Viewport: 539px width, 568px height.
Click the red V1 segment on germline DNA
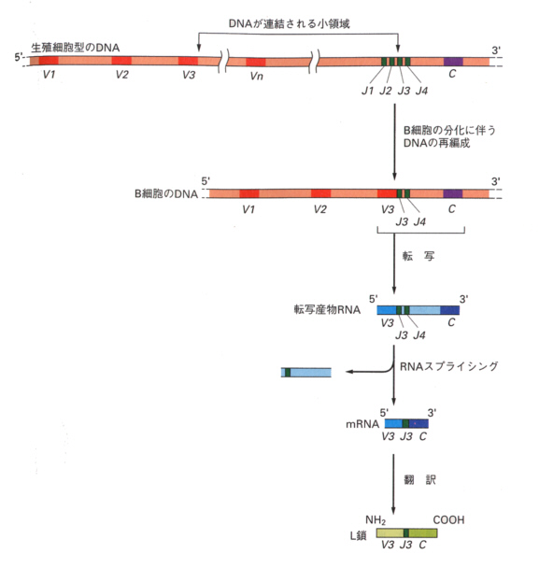pyautogui.click(x=49, y=61)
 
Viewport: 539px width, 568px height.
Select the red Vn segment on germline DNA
pyautogui.click(x=256, y=62)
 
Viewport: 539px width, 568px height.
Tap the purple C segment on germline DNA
pyautogui.click(x=453, y=62)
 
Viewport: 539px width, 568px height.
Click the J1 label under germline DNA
pyautogui.click(x=368, y=91)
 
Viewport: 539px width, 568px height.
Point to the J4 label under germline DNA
pyautogui.click(x=421, y=91)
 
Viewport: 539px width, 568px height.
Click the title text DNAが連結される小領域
pyautogui.click(x=289, y=24)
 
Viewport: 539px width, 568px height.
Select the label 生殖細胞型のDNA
pyautogui.click(x=76, y=48)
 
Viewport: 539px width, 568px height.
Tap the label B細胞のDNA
pyautogui.click(x=166, y=193)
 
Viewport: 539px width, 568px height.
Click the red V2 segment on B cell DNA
pyautogui.click(x=320, y=193)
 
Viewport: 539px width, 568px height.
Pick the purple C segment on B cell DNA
pyautogui.click(x=453, y=193)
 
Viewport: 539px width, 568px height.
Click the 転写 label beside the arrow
pyautogui.click(x=418, y=256)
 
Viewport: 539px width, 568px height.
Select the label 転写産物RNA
pyautogui.click(x=327, y=310)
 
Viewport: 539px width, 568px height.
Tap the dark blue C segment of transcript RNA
pyautogui.click(x=450, y=310)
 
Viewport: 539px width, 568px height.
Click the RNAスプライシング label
pyautogui.click(x=448, y=366)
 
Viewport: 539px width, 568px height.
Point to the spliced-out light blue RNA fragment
pyautogui.click(x=306, y=373)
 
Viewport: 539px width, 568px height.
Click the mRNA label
pyautogui.click(x=362, y=424)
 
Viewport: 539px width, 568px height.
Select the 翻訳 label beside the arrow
pyautogui.click(x=419, y=480)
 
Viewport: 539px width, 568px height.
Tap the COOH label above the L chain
pyautogui.click(x=448, y=520)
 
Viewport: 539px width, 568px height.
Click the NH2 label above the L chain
pyautogui.click(x=376, y=520)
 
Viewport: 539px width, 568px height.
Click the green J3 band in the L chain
pyautogui.click(x=406, y=532)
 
